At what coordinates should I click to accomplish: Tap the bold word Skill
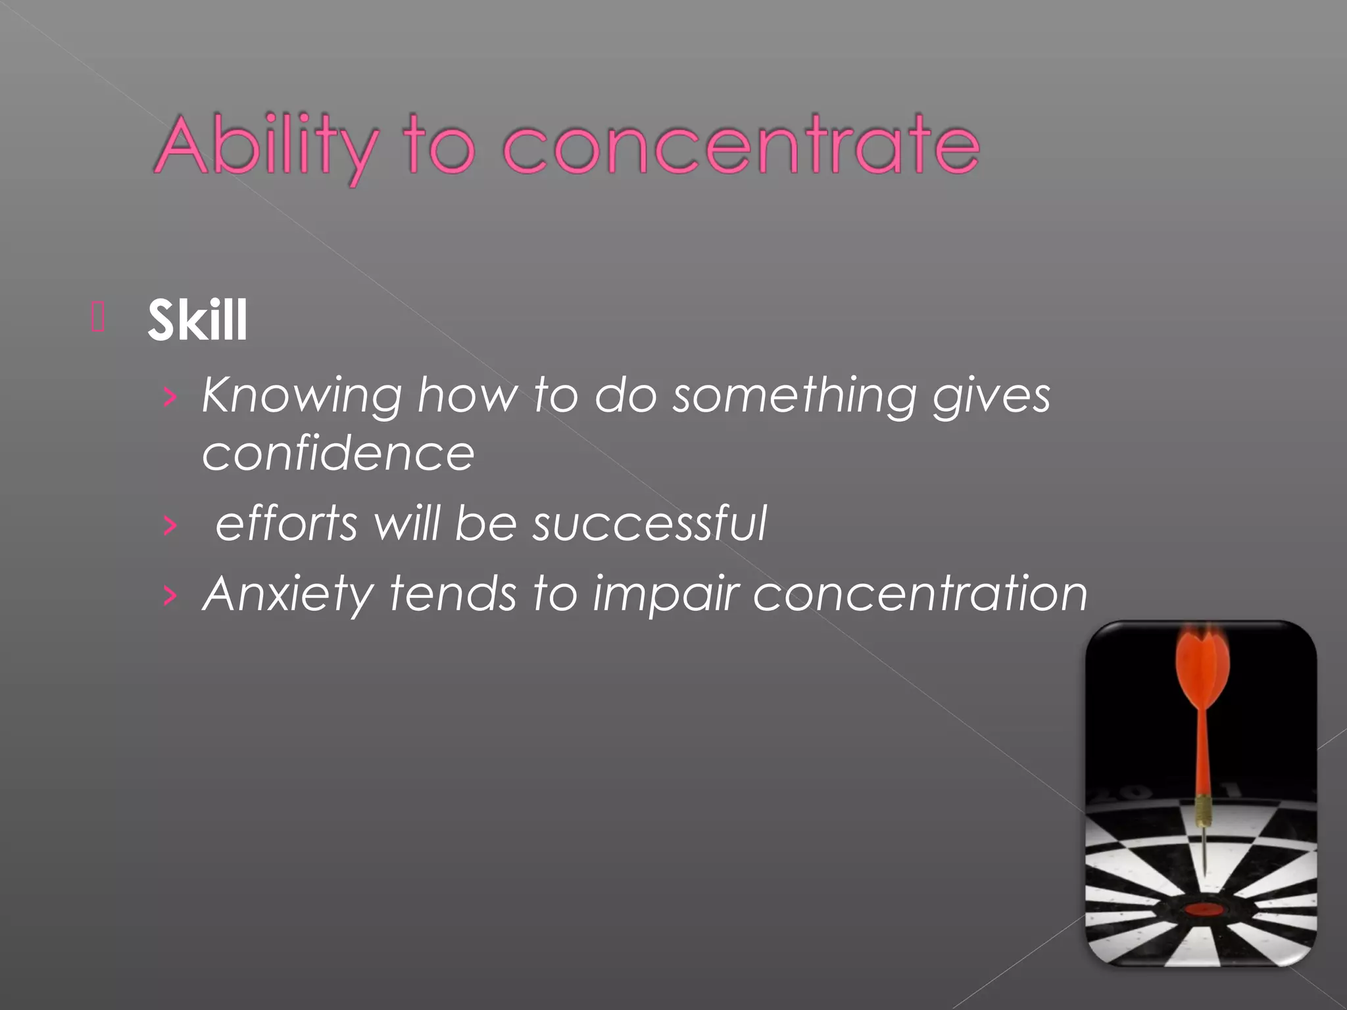tap(197, 320)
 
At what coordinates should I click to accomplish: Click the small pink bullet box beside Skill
tap(98, 318)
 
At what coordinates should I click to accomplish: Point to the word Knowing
tap(302, 397)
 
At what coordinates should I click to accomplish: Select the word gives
tap(991, 397)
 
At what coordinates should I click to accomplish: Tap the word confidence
tap(338, 454)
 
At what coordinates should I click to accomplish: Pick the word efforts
tap(287, 523)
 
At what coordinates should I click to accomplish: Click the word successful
tap(649, 523)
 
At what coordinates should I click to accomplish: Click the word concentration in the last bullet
tap(920, 594)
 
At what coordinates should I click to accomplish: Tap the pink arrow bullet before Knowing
tap(170, 397)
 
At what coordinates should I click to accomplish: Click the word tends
tap(453, 594)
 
